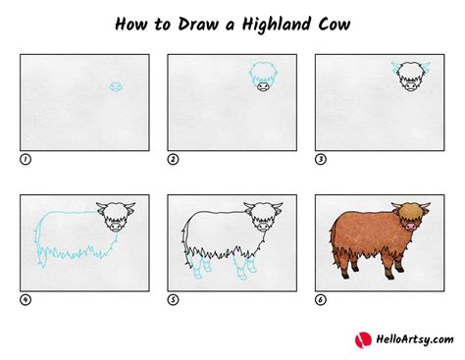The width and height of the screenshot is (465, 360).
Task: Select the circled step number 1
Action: [x=25, y=158]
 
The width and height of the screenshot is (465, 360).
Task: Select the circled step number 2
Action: [x=172, y=158]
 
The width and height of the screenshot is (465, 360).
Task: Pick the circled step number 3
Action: [x=319, y=158]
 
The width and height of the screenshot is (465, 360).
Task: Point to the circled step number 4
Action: [x=25, y=299]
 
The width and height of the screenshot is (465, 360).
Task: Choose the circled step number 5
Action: [x=172, y=299]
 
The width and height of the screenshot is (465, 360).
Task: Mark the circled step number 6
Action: [x=319, y=299]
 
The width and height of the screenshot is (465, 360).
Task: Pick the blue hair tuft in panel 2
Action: [x=262, y=70]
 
